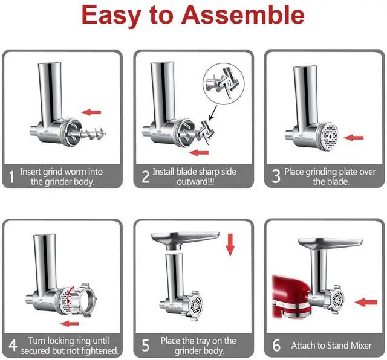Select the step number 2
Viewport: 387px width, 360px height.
(x=145, y=176)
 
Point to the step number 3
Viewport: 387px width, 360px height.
(x=276, y=176)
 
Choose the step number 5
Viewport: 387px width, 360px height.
(x=145, y=346)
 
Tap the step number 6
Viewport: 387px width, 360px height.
(x=276, y=346)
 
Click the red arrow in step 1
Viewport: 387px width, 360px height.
(x=91, y=112)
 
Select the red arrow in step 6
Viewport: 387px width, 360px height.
(x=365, y=300)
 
